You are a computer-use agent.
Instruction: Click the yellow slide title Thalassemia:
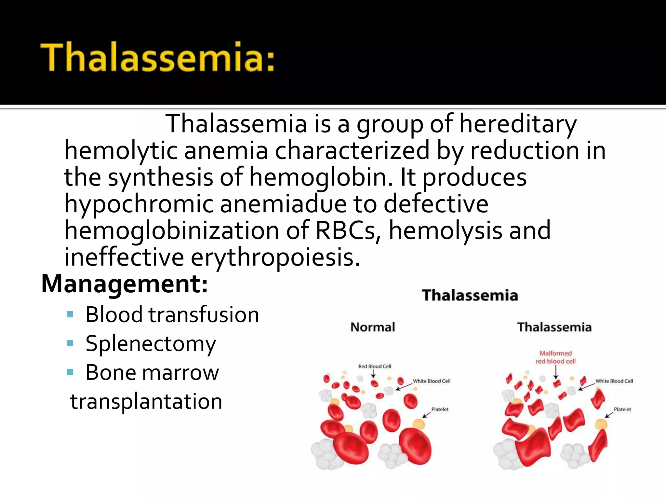(157, 58)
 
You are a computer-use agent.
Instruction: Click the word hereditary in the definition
(518, 124)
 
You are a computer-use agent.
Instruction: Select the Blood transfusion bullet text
(172, 315)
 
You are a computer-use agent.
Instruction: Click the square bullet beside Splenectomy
(70, 343)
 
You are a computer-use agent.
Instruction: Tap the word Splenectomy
(151, 344)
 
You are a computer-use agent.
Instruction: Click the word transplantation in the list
(146, 401)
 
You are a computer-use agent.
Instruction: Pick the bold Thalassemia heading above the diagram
(470, 295)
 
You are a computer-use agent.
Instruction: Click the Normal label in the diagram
(373, 327)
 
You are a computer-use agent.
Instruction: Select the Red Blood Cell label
(375, 366)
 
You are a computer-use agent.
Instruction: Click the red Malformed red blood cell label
(555, 357)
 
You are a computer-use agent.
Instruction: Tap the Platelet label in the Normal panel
(440, 409)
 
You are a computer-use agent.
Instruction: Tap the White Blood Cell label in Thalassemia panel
(614, 381)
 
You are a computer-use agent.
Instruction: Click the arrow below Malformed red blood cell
(556, 372)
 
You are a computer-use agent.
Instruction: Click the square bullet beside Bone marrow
(70, 372)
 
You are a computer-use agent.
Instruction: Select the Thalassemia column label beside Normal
(554, 327)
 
